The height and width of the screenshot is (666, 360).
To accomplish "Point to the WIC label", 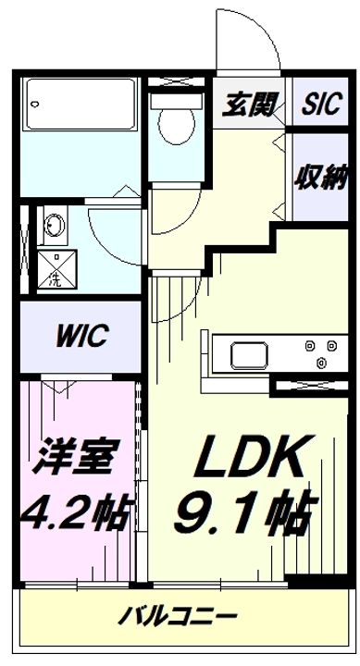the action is pos(81,335).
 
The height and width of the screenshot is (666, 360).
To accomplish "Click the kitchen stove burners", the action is pos(319,354).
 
